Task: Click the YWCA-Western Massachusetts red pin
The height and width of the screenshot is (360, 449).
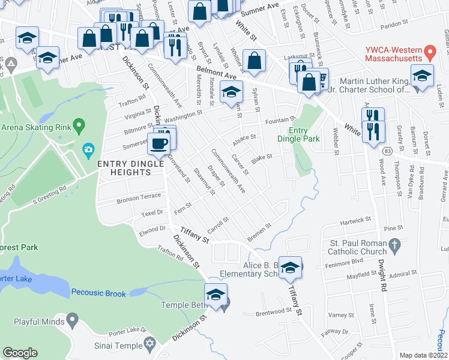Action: (429, 52)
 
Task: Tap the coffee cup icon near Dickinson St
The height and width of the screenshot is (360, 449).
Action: (160, 143)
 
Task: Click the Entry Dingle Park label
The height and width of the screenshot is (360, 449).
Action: (298, 134)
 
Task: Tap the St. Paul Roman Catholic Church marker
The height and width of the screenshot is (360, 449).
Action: (394, 245)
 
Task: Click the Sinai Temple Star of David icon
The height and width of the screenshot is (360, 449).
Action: (150, 345)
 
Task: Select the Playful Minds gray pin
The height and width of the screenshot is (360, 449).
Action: (73, 319)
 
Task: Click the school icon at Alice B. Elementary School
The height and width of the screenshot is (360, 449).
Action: (290, 267)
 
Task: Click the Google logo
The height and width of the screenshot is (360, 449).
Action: (20, 353)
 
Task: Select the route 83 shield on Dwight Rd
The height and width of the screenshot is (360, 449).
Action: (389, 151)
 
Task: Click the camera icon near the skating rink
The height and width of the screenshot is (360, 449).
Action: (88, 149)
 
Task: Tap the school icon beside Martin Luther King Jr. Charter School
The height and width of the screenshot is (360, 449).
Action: (422, 76)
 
